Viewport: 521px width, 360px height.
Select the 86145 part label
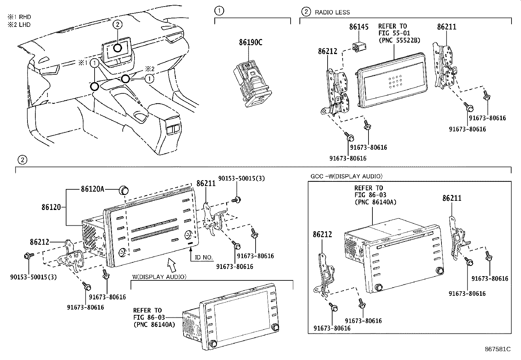pyautogui.click(x=359, y=27)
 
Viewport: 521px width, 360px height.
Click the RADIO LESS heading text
pyautogui.click(x=332, y=12)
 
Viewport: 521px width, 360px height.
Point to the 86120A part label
pyautogui.click(x=92, y=189)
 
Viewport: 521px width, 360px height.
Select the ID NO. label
pyautogui.click(x=204, y=257)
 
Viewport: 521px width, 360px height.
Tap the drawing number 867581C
pyautogui.click(x=498, y=349)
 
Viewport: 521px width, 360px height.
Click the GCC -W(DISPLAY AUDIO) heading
pyautogui.click(x=346, y=176)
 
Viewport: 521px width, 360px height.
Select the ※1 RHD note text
pyautogui.click(x=20, y=17)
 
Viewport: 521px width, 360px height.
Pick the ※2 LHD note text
pyautogui.click(x=20, y=25)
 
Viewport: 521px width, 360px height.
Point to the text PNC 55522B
pyautogui.click(x=399, y=40)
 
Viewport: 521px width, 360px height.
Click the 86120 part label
pyautogui.click(x=51, y=207)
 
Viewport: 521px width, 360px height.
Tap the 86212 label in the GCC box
pyautogui.click(x=322, y=235)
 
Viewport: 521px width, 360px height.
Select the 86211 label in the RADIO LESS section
pyautogui.click(x=446, y=27)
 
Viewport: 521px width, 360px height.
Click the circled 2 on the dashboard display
pyautogui.click(x=118, y=24)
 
